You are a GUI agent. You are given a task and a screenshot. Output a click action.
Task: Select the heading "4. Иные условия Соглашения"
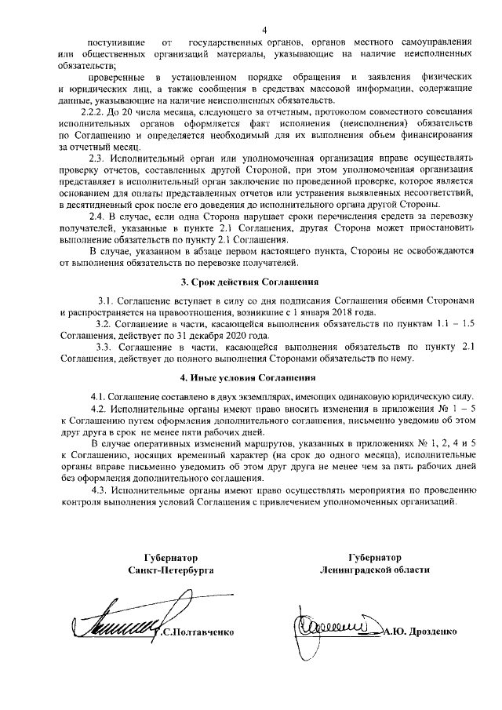[251, 379]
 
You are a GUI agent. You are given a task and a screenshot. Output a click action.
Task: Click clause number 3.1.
[106, 300]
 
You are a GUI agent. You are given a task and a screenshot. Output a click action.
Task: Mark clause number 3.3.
[103, 346]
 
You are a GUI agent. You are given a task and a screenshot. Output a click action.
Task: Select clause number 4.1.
[96, 399]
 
